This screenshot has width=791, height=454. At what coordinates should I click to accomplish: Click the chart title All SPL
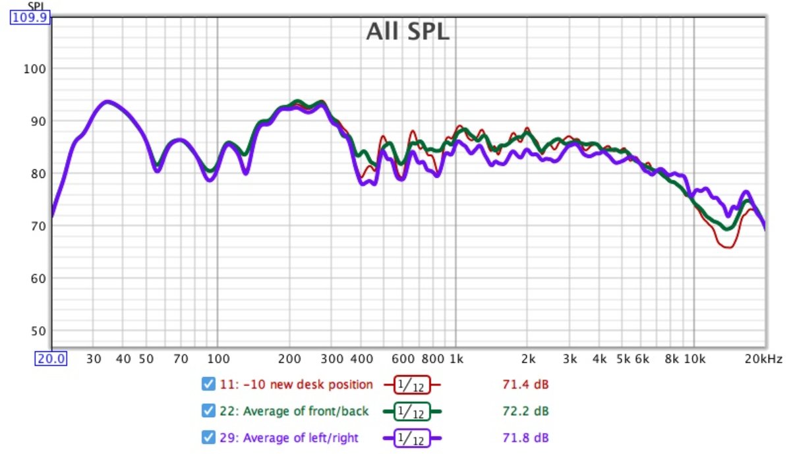(x=407, y=31)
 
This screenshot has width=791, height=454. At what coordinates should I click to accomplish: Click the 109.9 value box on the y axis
(x=29, y=18)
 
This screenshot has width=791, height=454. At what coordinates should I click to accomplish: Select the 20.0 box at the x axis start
(x=51, y=359)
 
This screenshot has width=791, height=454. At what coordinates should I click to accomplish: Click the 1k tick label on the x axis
(x=456, y=359)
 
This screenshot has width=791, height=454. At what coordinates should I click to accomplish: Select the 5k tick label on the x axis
(x=623, y=359)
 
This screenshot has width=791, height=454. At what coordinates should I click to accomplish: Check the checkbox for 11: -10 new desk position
(x=208, y=384)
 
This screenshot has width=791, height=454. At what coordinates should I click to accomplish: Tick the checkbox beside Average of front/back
(x=208, y=411)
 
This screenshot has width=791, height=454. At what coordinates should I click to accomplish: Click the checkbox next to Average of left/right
(x=208, y=438)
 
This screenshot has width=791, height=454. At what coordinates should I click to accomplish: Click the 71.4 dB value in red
(x=521, y=385)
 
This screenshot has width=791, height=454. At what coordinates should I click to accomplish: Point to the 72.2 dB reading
(x=521, y=411)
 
